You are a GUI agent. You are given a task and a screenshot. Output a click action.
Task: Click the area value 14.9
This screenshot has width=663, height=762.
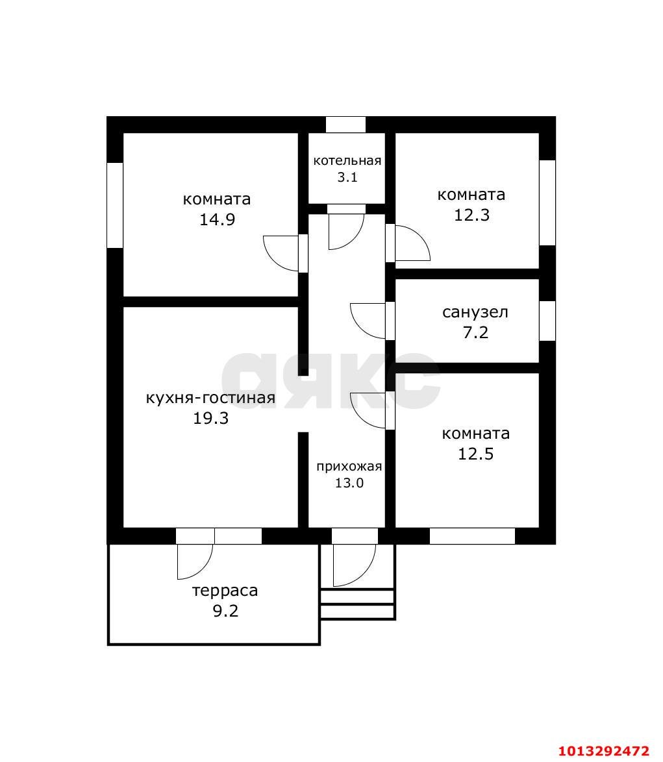pos(218,219)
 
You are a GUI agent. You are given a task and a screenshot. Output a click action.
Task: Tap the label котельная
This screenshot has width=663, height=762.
pos(347,161)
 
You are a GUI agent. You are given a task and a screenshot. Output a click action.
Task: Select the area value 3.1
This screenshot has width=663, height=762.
pos(347,177)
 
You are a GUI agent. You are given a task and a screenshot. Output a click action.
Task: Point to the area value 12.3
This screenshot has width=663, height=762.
pos(471,215)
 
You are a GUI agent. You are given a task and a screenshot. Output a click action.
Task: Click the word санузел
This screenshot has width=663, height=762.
pos(475,312)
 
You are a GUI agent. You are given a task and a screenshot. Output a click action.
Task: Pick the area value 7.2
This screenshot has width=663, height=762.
pos(475,332)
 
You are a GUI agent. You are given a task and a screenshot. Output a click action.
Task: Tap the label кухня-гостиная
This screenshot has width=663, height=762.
pos(210,398)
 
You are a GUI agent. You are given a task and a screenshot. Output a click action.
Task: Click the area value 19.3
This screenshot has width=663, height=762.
pos(210,418)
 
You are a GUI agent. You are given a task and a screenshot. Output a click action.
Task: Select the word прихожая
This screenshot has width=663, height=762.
pos(349,467)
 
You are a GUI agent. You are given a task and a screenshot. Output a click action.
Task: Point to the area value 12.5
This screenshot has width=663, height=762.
pos(475,454)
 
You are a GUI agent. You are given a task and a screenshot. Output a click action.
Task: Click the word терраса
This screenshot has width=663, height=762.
pos(225,591)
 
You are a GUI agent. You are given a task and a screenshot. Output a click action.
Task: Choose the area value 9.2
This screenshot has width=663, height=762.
pos(225,611)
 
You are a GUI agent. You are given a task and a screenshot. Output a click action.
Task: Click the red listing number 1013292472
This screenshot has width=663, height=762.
pos(604,751)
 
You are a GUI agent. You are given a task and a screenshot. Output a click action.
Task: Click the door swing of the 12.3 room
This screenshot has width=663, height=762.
pos(420,237)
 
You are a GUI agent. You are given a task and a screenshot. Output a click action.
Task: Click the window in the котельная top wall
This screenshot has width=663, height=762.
pos(345,125)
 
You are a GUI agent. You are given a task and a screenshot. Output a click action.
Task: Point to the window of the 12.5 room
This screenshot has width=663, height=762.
pos(472,536)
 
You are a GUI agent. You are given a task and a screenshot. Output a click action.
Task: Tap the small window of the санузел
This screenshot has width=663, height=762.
pos(547,321)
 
